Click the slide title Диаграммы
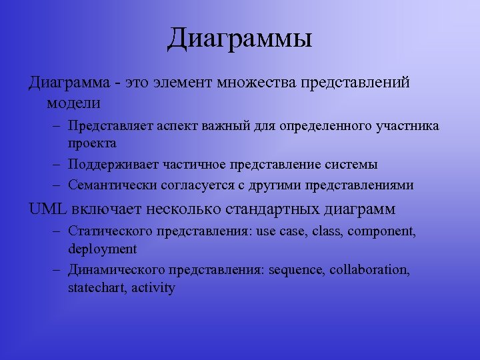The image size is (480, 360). (x=240, y=39)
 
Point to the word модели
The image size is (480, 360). (x=73, y=103)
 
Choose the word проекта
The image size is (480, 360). (x=92, y=143)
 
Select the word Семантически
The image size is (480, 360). (x=109, y=185)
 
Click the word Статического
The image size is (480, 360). (x=110, y=232)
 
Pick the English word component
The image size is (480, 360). (x=383, y=232)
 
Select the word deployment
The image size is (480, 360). (x=102, y=249)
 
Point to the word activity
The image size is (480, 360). (x=153, y=288)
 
